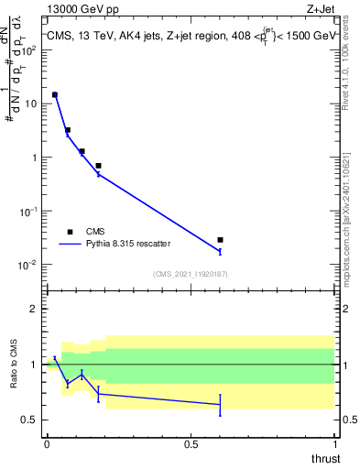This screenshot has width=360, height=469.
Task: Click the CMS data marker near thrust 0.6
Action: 220,240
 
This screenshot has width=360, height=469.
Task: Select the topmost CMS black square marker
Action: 55,94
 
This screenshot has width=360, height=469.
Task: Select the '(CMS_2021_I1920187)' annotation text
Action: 190,274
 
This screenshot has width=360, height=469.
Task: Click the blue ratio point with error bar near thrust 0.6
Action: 220,405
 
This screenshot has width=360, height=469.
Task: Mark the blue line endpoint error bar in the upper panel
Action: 220,251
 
